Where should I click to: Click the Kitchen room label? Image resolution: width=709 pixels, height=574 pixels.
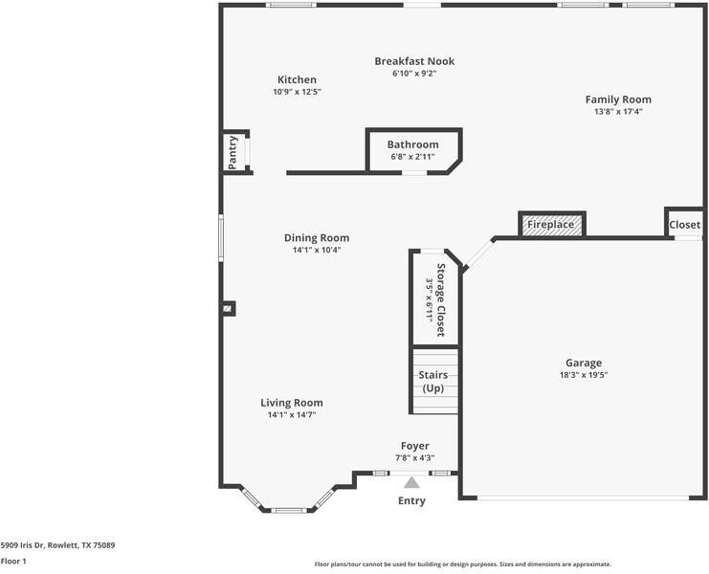[x=297, y=79]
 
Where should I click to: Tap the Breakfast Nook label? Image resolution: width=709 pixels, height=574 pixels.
[x=414, y=61]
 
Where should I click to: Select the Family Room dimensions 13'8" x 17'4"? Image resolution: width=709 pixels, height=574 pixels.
[x=618, y=111]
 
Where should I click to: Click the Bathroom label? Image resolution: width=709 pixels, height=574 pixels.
[x=412, y=144]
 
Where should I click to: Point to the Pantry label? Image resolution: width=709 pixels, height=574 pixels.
[x=233, y=152]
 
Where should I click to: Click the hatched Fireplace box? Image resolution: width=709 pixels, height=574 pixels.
[x=551, y=225]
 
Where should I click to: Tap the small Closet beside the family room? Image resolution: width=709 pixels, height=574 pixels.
[x=684, y=225]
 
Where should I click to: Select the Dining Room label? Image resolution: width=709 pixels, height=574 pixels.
[x=317, y=237]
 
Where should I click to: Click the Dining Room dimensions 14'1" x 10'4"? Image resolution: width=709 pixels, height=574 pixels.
[x=317, y=250]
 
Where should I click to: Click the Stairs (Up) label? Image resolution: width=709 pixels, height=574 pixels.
[x=432, y=382]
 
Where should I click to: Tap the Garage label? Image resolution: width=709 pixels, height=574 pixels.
[x=583, y=363]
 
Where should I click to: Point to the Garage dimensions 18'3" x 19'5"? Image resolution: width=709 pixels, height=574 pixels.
[x=583, y=375]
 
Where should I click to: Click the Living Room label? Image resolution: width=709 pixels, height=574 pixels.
[x=292, y=403]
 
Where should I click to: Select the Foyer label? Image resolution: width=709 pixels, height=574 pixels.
[x=414, y=446]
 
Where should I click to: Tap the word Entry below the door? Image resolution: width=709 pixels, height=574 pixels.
[x=411, y=501]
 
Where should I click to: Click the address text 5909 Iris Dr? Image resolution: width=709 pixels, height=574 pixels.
[x=57, y=544]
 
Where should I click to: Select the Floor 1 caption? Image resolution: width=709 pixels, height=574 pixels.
[x=13, y=562]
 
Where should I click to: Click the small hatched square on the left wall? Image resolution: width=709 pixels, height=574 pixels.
[x=228, y=308]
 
